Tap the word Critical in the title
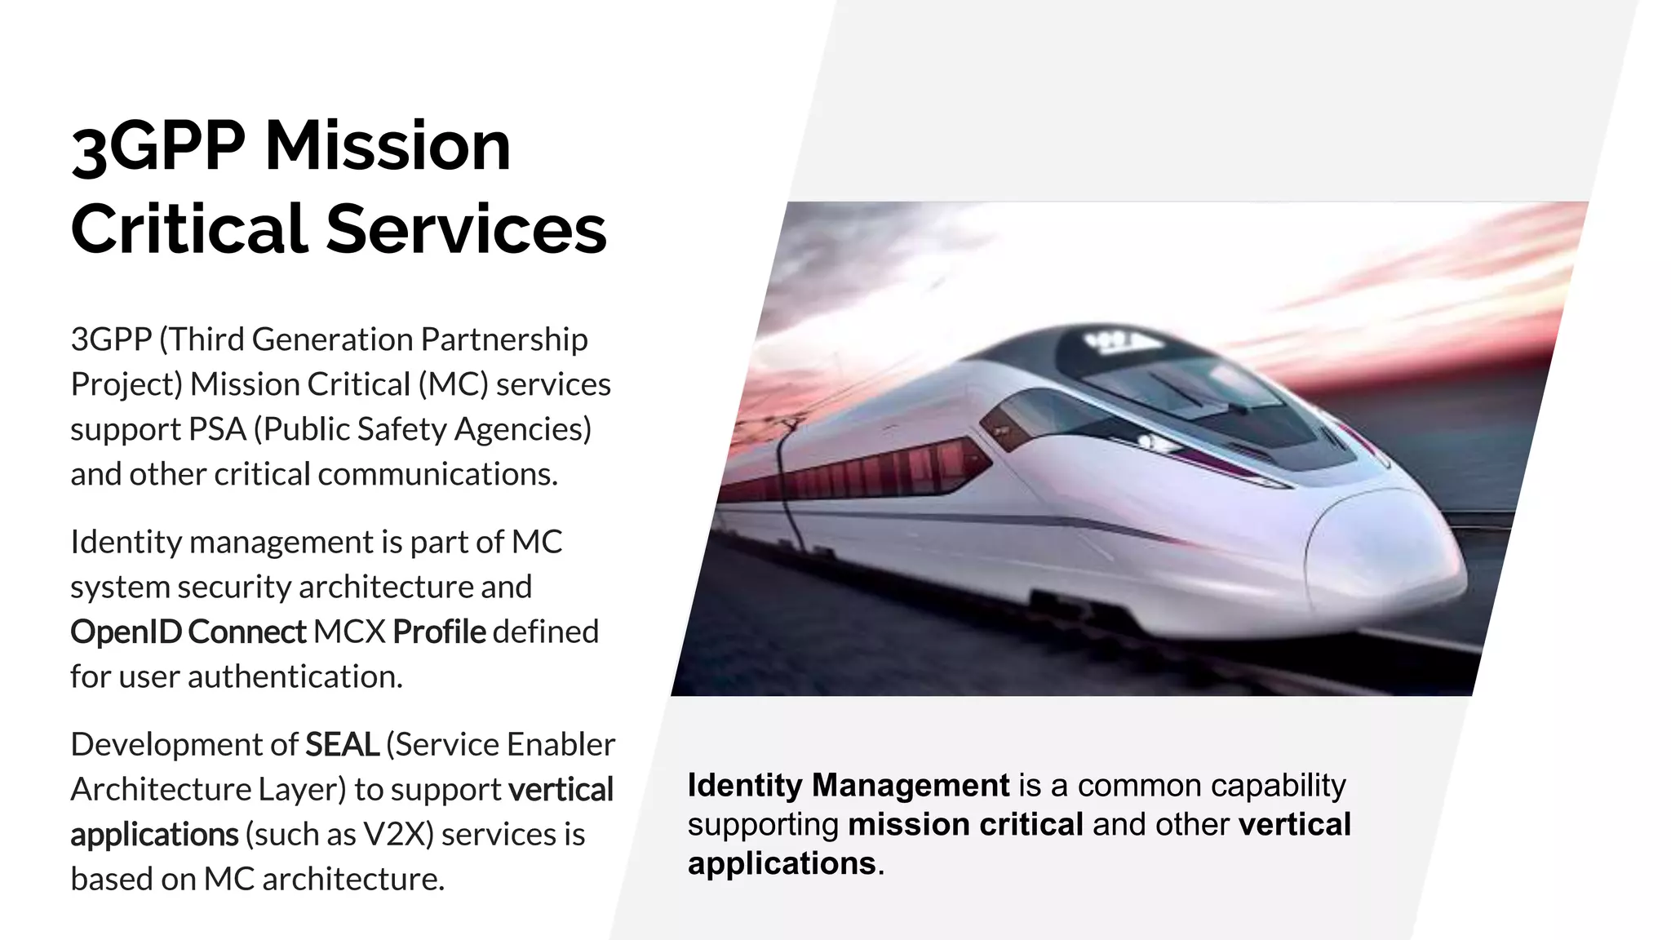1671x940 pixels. [x=188, y=229]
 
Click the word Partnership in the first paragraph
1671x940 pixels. [x=504, y=339]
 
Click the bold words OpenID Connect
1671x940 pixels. [x=188, y=632]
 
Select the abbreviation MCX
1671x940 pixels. [x=349, y=632]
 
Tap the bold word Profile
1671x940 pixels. [x=439, y=632]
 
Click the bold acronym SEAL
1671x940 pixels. [x=342, y=744]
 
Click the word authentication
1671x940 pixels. [x=295, y=676]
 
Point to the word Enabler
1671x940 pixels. [x=561, y=744]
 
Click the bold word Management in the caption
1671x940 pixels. [x=911, y=785]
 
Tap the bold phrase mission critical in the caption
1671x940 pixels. [x=965, y=824]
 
